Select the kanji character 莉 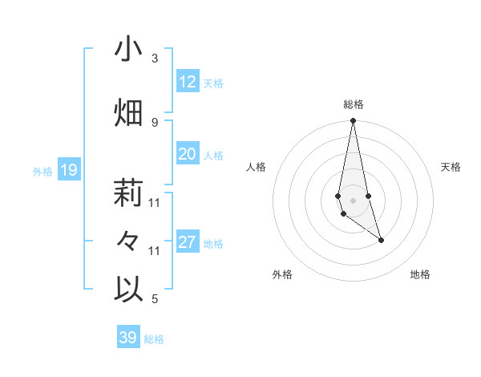[x=128, y=193]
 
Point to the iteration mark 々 [x=128, y=241]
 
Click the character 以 [x=128, y=290]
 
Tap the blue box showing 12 [x=188, y=82]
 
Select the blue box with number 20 [x=188, y=154]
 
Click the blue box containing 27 [x=188, y=242]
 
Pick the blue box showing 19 [x=69, y=170]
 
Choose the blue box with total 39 [x=128, y=338]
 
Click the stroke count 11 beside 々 [x=155, y=251]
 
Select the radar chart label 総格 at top [x=353, y=104]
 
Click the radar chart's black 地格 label [x=420, y=275]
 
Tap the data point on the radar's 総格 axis [x=353, y=121]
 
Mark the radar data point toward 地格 [x=381, y=240]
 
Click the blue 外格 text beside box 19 [x=42, y=171]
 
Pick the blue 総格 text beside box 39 [x=154, y=339]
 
